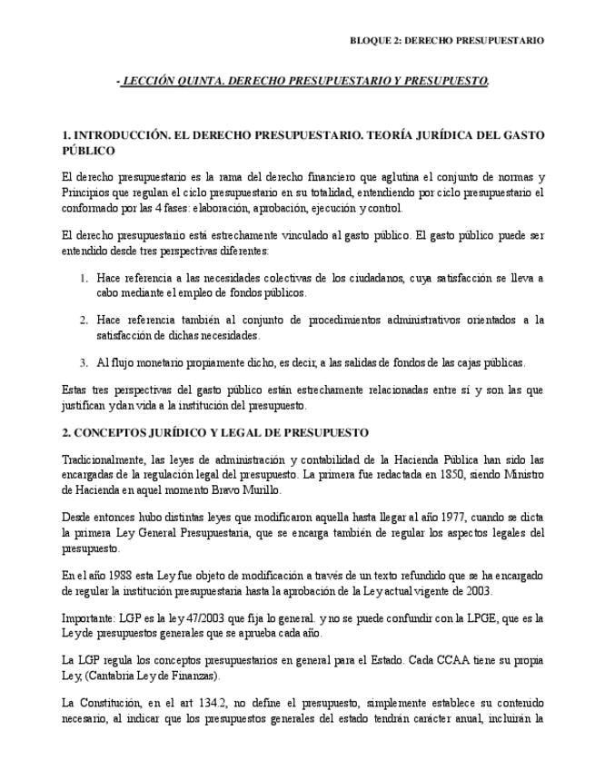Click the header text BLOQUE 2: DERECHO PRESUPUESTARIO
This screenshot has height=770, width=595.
(447, 41)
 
